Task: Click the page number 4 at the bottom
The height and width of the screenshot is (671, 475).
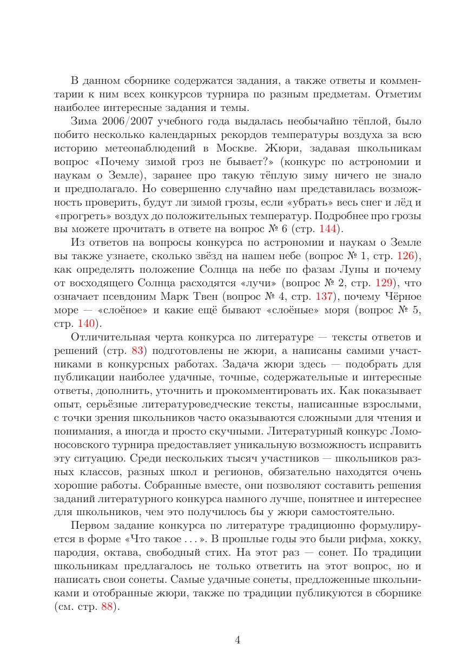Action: point(237,640)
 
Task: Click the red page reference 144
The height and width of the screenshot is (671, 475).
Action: point(327,228)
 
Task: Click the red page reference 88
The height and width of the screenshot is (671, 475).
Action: point(109,607)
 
